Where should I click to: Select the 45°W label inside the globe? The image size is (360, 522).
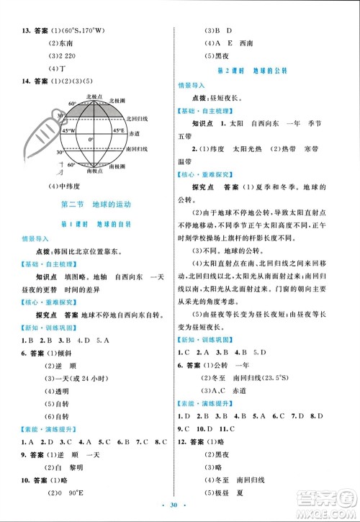pyautogui.click(x=68, y=131)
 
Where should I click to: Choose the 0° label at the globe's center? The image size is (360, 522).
pyautogui.click(x=91, y=139)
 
